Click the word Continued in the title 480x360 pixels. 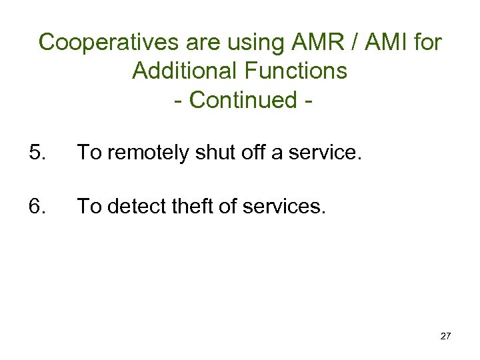tap(243, 99)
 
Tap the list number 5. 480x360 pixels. tap(37, 153)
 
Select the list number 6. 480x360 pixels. tap(37, 207)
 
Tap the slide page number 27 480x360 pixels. tap(445, 336)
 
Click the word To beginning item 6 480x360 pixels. tap(88, 207)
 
